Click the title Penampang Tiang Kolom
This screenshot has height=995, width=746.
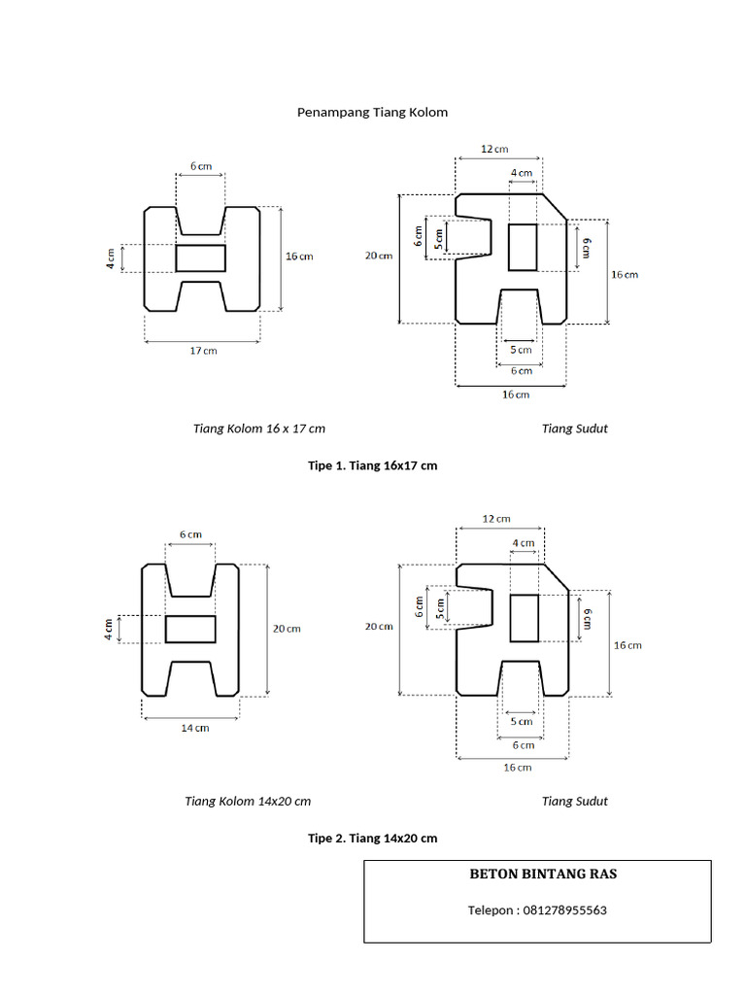coord(372,113)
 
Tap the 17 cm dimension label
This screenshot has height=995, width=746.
coord(204,350)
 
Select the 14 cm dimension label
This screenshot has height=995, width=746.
coord(194,728)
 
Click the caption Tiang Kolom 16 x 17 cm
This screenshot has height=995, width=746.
coord(258,429)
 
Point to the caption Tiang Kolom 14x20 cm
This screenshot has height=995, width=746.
coord(248,801)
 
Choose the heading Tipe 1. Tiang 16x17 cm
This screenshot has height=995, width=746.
coord(372,465)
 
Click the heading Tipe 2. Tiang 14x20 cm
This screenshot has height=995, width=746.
coord(372,838)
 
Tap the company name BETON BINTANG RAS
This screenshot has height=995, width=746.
coord(543,874)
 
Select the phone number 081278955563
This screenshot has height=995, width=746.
coord(564,909)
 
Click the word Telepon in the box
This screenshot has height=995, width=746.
coord(491,910)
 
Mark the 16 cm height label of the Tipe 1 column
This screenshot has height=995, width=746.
coord(299,257)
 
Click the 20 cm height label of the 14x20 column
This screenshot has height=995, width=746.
coord(287,629)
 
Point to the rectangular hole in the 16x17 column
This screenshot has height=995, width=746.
coord(200,258)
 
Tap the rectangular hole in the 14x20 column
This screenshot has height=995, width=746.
coord(190,629)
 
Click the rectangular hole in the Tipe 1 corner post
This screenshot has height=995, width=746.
coord(523,247)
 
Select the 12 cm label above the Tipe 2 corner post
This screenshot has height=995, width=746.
coord(496,519)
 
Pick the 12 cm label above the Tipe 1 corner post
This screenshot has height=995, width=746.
coord(494,149)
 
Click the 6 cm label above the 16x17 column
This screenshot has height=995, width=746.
coord(201,166)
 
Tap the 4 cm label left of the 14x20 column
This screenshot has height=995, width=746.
coord(109,629)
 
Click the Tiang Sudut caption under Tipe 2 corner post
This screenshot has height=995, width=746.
coord(575,801)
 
